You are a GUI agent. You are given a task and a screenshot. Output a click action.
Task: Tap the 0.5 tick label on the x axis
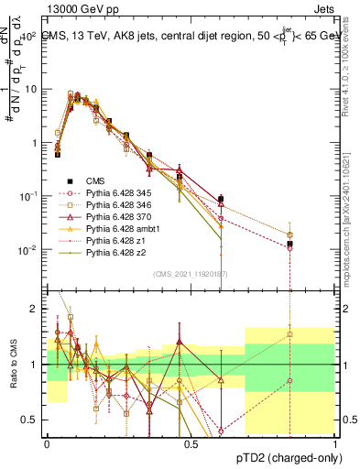click(x=191, y=443)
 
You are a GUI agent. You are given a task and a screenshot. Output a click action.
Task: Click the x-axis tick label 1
click(x=336, y=443)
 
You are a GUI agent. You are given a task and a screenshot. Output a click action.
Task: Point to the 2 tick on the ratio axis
click(x=33, y=309)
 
